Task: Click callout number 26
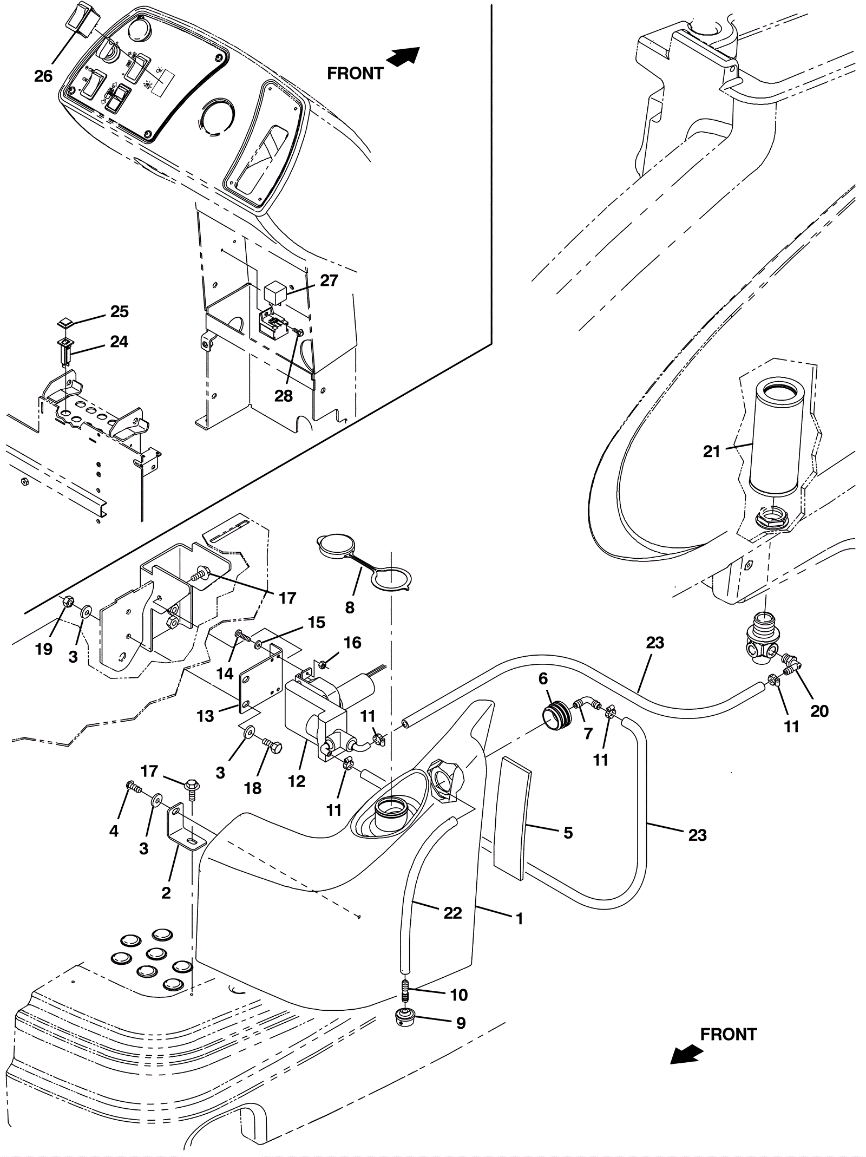43,76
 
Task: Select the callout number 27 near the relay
329,280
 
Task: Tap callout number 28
284,396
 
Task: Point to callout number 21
711,451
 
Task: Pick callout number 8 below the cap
350,607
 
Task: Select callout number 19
44,649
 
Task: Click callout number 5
568,832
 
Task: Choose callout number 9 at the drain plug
461,1023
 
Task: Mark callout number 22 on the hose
452,913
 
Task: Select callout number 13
206,716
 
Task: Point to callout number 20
819,710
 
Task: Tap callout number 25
120,311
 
